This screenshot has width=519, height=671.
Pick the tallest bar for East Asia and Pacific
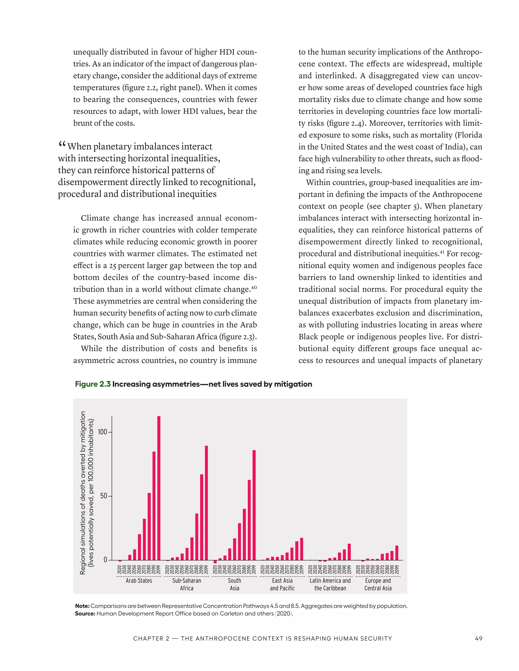302,549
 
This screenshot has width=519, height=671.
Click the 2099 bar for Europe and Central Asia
397,553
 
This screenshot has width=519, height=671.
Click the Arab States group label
139,581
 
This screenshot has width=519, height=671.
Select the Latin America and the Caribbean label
330,584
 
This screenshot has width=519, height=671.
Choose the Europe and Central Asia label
378,584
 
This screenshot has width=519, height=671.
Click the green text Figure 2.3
92,384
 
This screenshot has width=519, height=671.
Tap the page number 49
478,638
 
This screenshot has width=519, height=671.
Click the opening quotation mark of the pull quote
62,144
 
